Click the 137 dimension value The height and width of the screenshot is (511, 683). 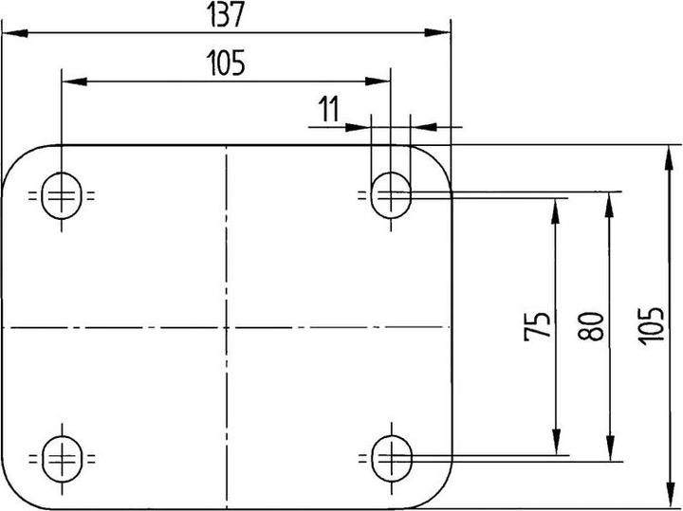pos(226,15)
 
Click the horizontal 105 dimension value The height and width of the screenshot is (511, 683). pos(226,63)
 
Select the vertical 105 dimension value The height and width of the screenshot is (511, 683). pos(651,326)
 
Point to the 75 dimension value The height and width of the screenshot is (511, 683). pos(537,326)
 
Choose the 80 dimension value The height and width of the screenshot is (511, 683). pos(591,326)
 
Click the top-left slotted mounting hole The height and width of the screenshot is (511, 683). pos(62,195)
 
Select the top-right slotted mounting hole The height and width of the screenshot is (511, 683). pos(391,195)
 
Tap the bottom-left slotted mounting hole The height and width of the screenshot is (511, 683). pos(63,459)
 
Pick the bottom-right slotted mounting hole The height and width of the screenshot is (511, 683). pos(392,458)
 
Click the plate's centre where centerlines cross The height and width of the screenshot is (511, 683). pos(227,327)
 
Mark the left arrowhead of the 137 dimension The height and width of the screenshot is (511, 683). pos(15,32)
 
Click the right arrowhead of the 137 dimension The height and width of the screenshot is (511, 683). pos(437,32)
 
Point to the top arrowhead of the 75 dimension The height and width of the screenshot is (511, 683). pos(555,211)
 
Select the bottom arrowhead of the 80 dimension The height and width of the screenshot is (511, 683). pos(610,447)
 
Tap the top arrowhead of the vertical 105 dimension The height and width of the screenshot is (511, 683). pos(669,158)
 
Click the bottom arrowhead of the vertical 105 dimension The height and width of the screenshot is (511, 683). pos(670,495)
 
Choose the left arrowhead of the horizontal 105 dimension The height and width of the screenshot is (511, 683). pos(75,82)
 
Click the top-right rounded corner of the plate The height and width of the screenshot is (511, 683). pos(440,157)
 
